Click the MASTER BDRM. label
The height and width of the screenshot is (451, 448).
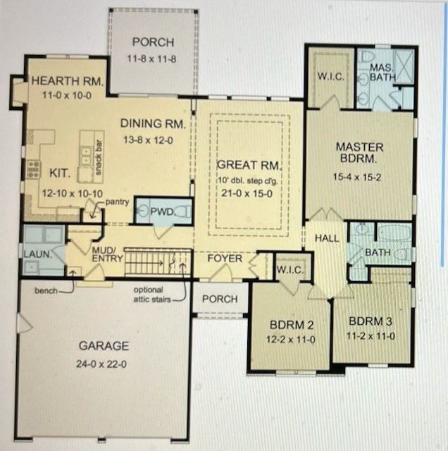(x=359, y=153)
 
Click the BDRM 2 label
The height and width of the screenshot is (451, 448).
(x=290, y=325)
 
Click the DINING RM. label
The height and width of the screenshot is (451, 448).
(x=153, y=123)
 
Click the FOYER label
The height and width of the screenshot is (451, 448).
(x=224, y=259)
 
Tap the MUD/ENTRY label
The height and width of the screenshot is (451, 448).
(x=104, y=254)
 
